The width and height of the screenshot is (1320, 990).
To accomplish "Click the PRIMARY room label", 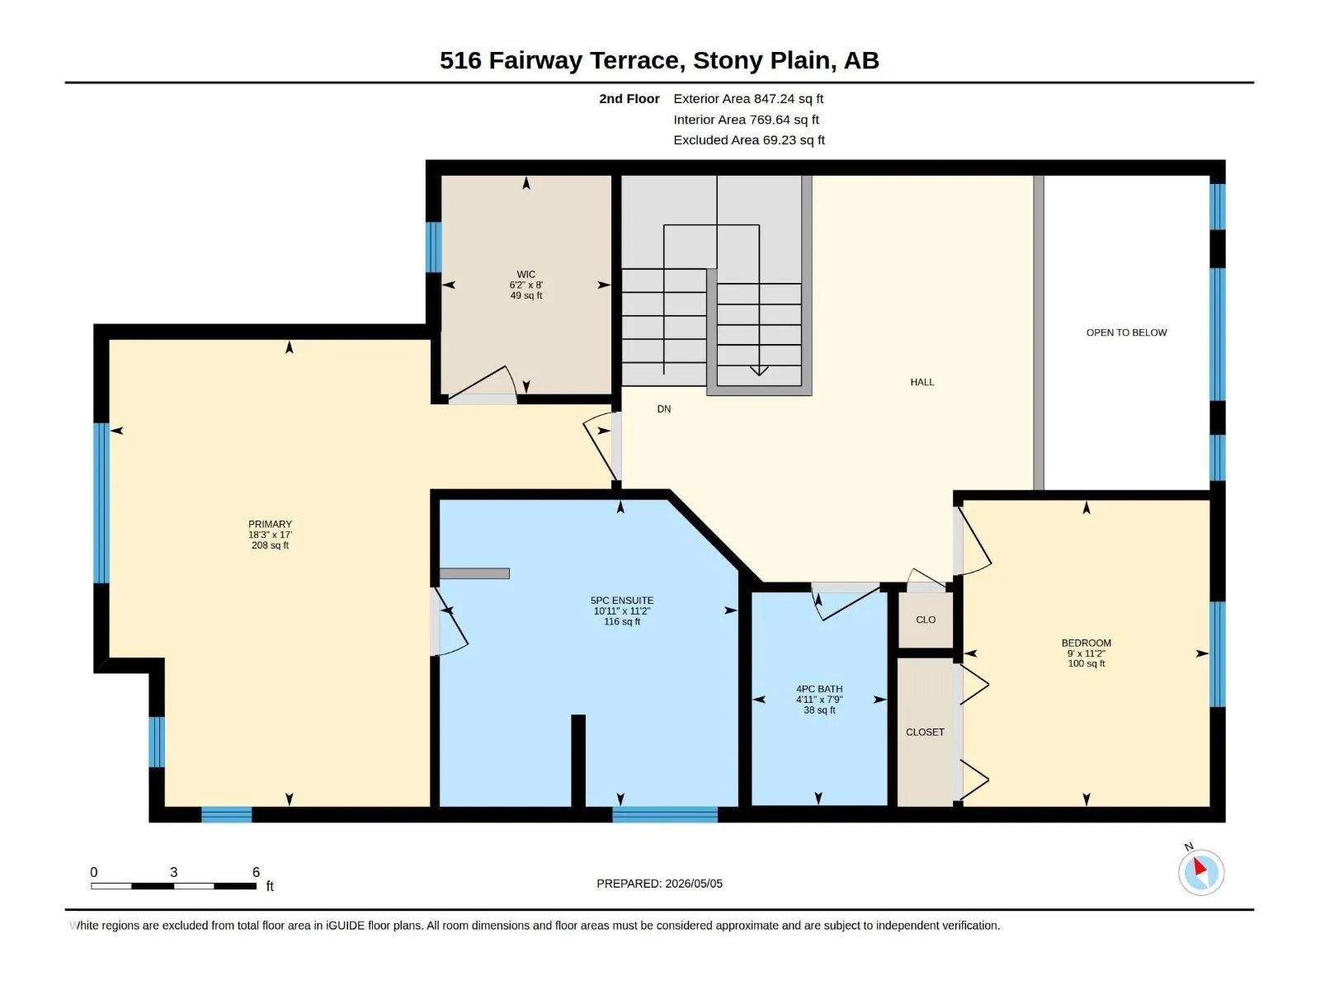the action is click(270, 524).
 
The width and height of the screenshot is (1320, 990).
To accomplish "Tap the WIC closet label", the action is click(526, 274).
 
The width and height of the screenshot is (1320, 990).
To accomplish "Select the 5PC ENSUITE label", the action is click(622, 601).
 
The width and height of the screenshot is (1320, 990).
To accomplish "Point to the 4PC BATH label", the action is click(819, 689).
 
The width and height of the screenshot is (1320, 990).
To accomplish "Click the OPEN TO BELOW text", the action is click(1126, 332).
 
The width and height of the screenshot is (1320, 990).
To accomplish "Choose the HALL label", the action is click(922, 382).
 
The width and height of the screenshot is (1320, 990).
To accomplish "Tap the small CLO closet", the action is click(926, 620).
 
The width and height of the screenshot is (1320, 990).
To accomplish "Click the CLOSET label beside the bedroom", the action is click(925, 732).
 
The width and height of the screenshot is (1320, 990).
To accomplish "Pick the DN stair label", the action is click(664, 408).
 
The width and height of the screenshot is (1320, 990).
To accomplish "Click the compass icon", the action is click(1201, 872).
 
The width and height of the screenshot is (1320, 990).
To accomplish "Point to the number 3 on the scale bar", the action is click(174, 872).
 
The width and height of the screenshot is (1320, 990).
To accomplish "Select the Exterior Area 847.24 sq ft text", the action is click(748, 98).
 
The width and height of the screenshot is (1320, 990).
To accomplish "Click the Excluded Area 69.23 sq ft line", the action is click(749, 140).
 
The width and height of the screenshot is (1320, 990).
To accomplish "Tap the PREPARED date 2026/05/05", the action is click(693, 884).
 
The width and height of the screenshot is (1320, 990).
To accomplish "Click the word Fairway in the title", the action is click(535, 61).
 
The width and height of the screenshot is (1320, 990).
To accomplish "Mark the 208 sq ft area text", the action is click(270, 545).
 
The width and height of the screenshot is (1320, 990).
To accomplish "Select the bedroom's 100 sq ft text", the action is click(1086, 663).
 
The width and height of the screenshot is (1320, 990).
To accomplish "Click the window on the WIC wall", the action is click(434, 247).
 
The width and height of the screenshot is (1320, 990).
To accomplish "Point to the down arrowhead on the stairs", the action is click(759, 371).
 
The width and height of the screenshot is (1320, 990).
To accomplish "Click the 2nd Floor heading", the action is click(629, 98).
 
